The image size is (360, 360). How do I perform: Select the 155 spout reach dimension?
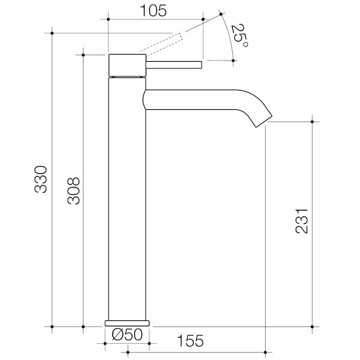(191, 341)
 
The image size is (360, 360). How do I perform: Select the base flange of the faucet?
(127, 323)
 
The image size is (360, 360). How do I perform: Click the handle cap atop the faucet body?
(127, 65)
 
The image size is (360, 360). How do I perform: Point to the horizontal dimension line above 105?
(156, 19)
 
